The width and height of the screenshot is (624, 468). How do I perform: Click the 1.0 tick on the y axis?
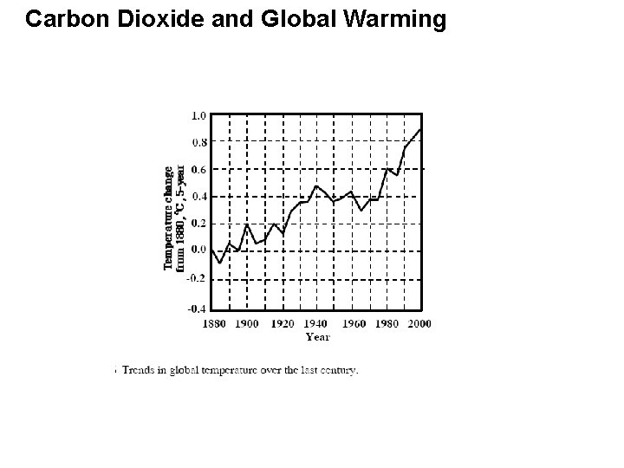click(x=198, y=115)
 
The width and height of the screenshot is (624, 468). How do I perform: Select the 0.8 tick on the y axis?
click(x=198, y=142)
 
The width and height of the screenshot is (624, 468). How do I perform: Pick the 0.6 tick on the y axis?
click(x=198, y=170)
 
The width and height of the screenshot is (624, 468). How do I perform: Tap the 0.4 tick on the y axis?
click(x=198, y=197)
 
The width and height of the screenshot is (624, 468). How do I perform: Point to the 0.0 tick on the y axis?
click(x=198, y=250)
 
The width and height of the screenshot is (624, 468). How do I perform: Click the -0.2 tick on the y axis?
click(x=197, y=277)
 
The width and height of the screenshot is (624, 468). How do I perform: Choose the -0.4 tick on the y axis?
click(x=197, y=308)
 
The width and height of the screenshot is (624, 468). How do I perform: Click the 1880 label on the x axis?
click(x=213, y=323)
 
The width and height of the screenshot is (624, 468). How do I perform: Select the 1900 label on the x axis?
click(x=247, y=323)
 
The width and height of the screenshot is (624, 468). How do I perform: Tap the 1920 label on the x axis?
click(x=283, y=323)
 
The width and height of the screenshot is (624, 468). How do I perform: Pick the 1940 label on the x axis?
click(x=317, y=323)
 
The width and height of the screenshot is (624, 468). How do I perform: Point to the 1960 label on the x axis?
click(x=353, y=323)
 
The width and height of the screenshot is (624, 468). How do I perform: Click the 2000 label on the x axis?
click(x=419, y=323)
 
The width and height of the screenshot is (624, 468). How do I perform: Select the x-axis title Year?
click(x=317, y=336)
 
